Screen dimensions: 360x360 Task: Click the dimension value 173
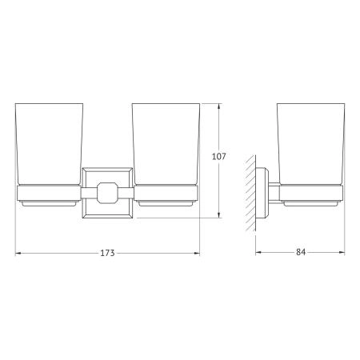[x=107, y=253]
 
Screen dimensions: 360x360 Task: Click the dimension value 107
[x=218, y=156]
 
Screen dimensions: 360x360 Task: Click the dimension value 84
[x=301, y=252]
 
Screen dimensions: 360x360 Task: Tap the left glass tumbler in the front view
[x=49, y=144]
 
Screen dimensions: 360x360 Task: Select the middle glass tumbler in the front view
[x=166, y=144]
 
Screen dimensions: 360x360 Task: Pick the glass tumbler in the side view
[x=311, y=144]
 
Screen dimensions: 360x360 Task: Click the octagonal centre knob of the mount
[x=107, y=193]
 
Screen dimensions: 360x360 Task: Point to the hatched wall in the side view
[x=250, y=194]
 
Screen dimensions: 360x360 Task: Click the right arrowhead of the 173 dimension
[x=197, y=253]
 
